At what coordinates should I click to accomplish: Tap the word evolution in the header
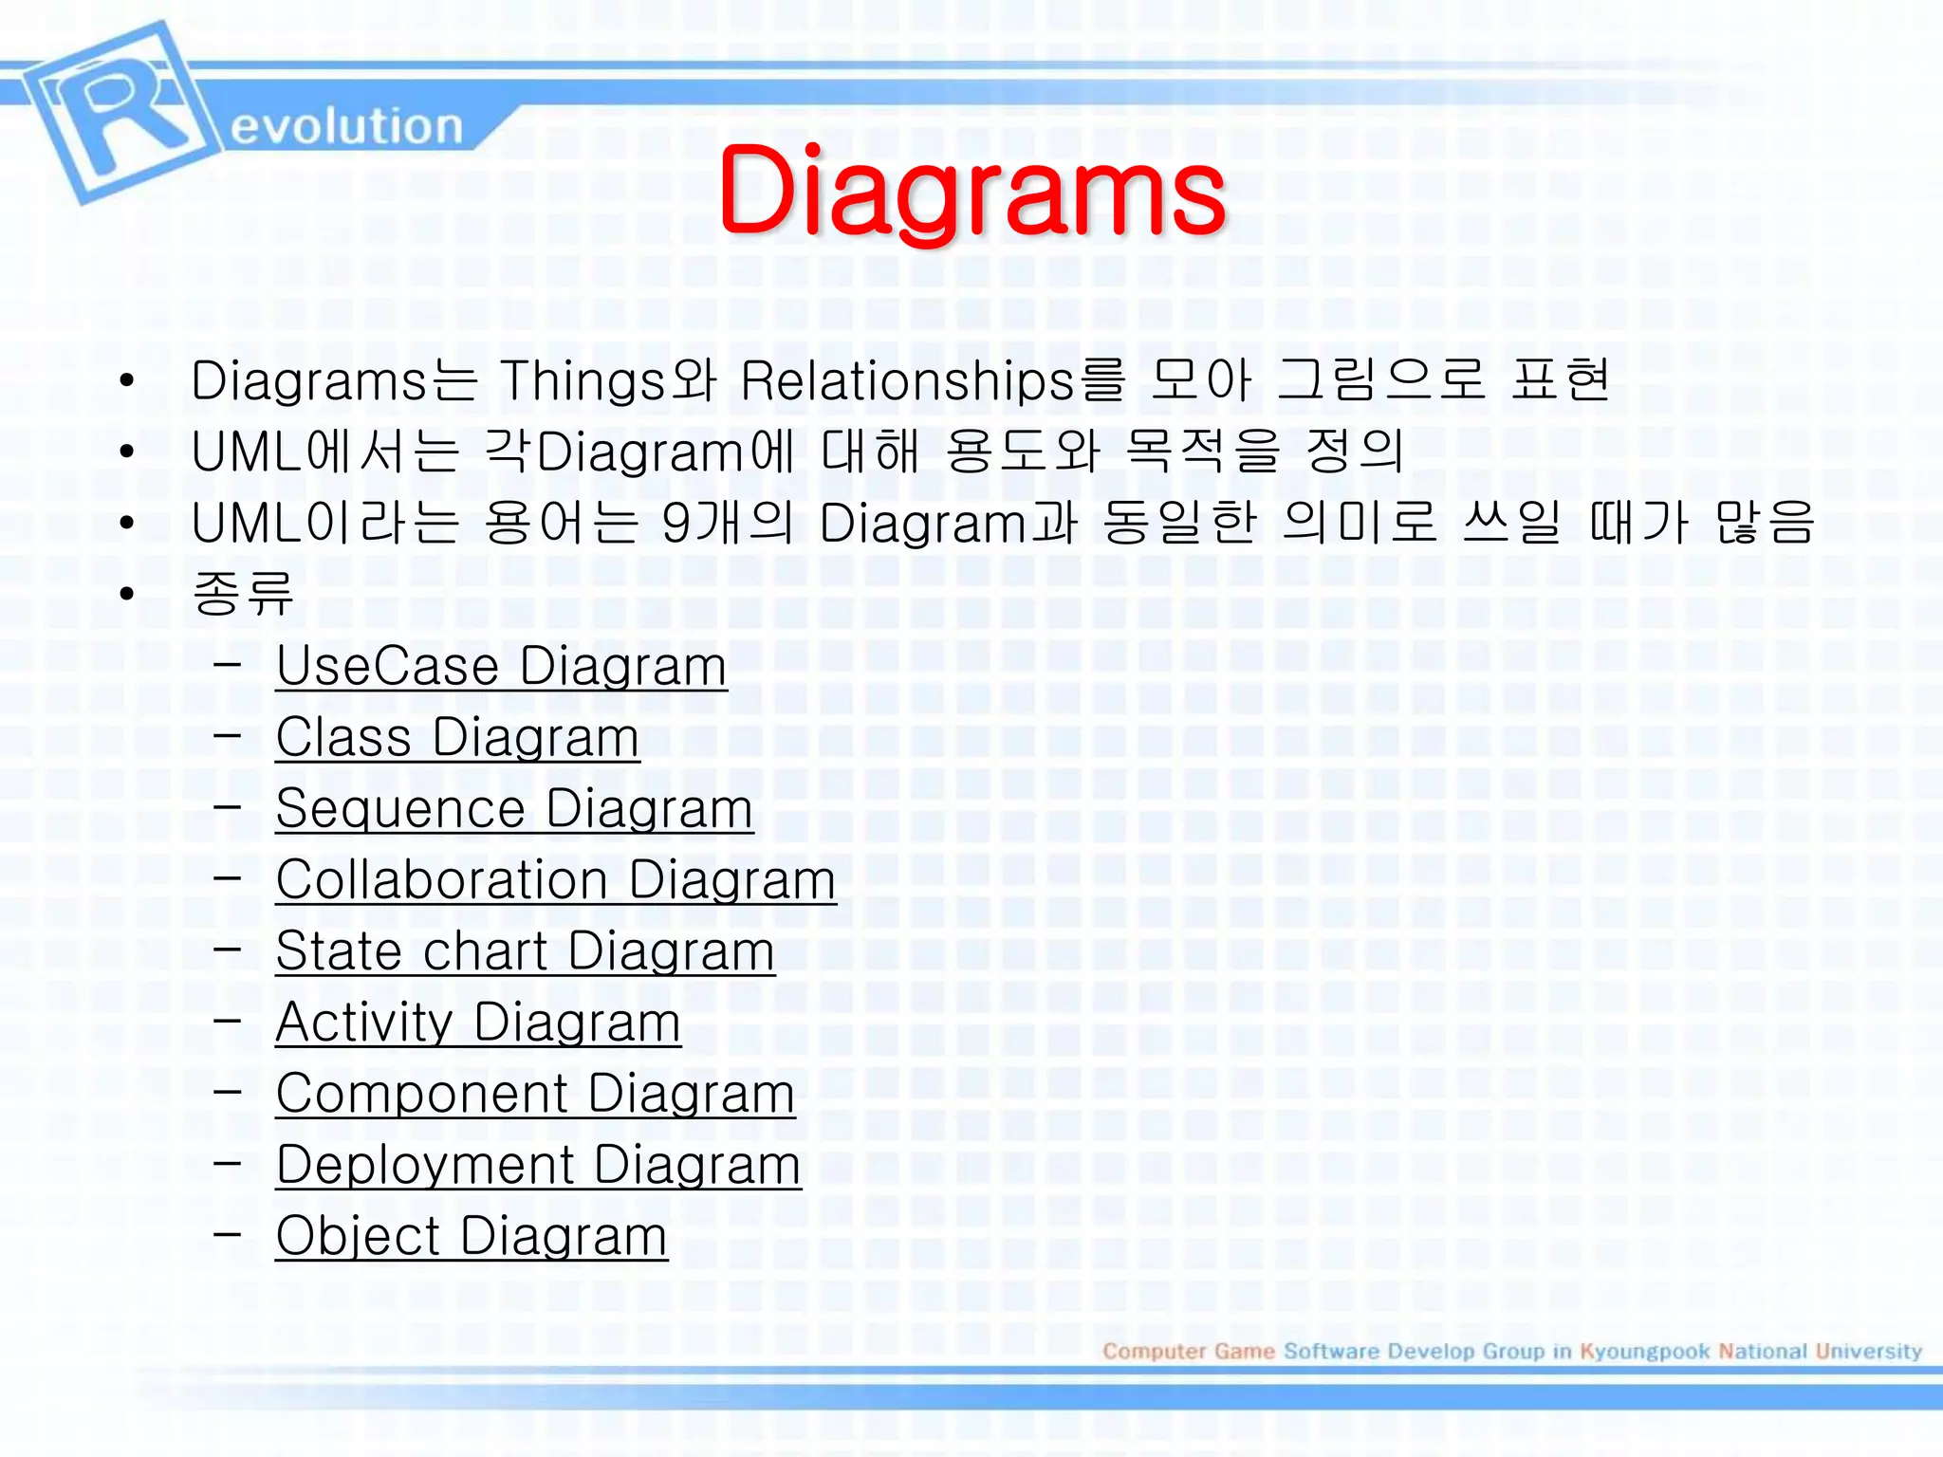point(346,126)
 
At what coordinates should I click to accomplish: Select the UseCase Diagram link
point(501,666)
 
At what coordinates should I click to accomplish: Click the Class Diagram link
point(457,737)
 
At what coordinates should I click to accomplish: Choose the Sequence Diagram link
point(514,808)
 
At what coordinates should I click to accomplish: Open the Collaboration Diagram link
point(556,879)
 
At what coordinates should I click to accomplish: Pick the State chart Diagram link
point(525,950)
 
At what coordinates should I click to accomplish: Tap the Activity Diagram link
point(478,1023)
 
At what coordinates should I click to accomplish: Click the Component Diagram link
point(535,1094)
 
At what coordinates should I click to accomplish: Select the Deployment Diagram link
point(538,1165)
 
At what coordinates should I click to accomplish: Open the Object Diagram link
point(472,1236)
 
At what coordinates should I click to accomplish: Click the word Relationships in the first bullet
point(906,381)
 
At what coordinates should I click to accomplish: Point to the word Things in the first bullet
point(583,381)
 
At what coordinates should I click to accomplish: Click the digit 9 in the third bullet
point(676,524)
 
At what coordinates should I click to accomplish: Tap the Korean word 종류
point(243,594)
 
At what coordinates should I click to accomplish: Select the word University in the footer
point(1868,1351)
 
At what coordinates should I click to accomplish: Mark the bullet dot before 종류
point(127,595)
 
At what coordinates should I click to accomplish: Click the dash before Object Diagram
point(227,1234)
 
